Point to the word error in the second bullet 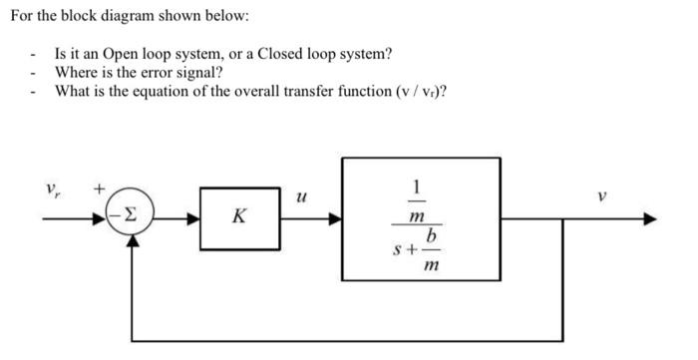pos(157,72)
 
